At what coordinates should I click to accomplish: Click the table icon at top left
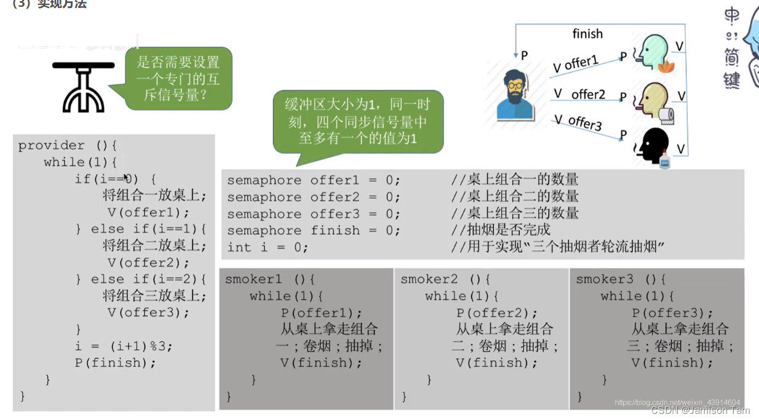[83, 87]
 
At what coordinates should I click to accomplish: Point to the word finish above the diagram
[587, 34]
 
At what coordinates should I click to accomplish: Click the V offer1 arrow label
[576, 63]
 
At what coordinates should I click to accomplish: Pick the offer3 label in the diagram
[585, 122]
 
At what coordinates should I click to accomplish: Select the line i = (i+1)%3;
[124, 346]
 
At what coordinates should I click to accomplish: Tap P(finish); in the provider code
[116, 362]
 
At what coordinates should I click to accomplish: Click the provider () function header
[67, 145]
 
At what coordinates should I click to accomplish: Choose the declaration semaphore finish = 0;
[313, 231]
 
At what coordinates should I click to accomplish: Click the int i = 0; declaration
[267, 247]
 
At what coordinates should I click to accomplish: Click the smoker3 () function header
[621, 279]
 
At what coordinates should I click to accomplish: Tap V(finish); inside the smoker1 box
[322, 362]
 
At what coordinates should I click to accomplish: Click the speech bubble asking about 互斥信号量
[178, 79]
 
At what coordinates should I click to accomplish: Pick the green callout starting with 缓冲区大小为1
[358, 121]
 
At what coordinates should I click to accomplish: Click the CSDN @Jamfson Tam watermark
[700, 410]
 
